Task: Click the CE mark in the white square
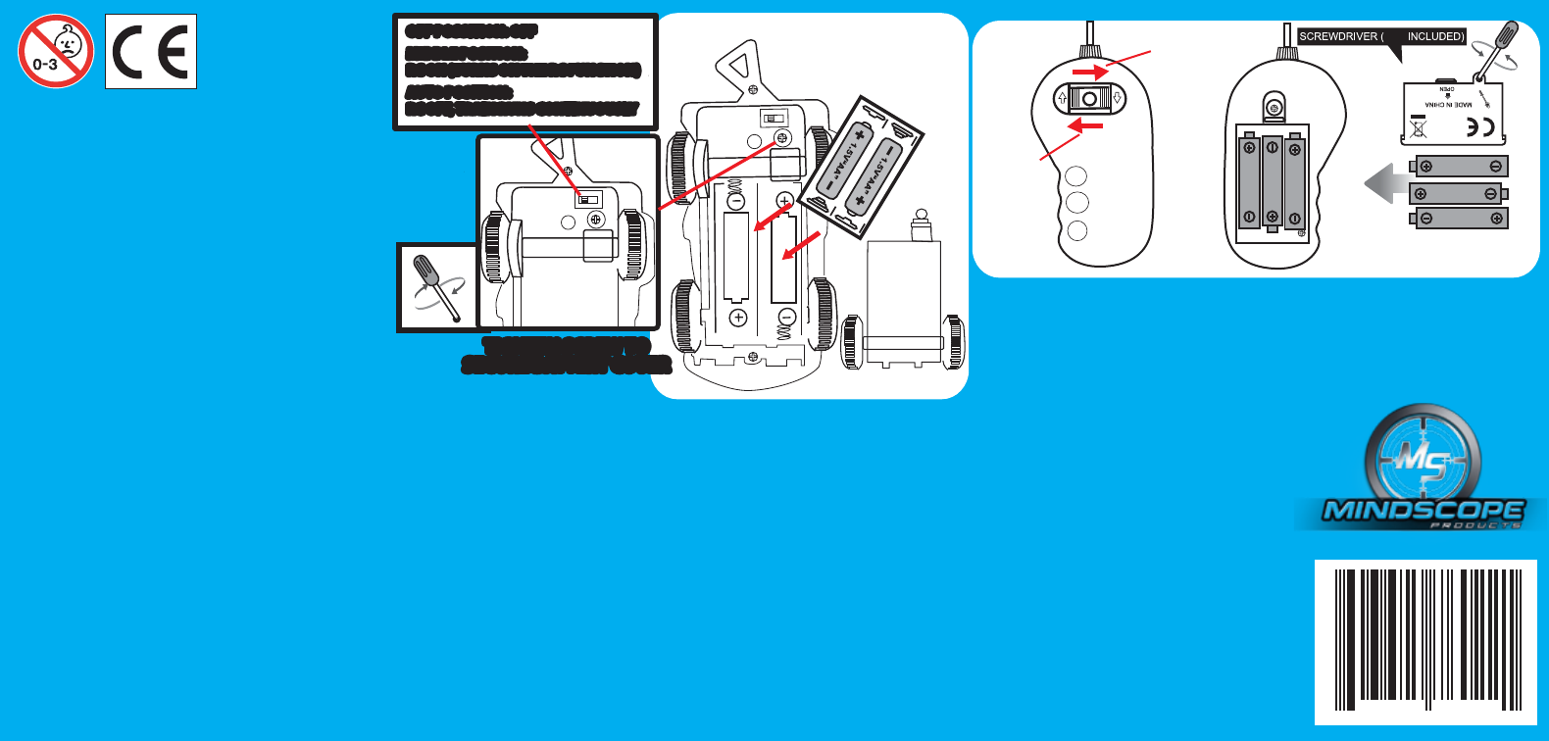(151, 52)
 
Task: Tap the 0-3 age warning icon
(56, 51)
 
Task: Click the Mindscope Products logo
(1424, 470)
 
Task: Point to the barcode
(1425, 641)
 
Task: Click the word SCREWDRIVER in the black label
(1338, 37)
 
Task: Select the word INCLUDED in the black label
(1435, 37)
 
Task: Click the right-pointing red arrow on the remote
(1089, 73)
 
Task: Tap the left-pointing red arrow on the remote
(1084, 125)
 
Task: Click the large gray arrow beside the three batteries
(1385, 183)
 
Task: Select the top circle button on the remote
(1076, 177)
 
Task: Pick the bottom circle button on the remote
(1076, 231)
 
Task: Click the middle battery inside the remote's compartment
(1272, 182)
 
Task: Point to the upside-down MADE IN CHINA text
(1448, 104)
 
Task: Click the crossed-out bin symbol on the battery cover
(1418, 128)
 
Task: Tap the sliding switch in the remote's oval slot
(1088, 99)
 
